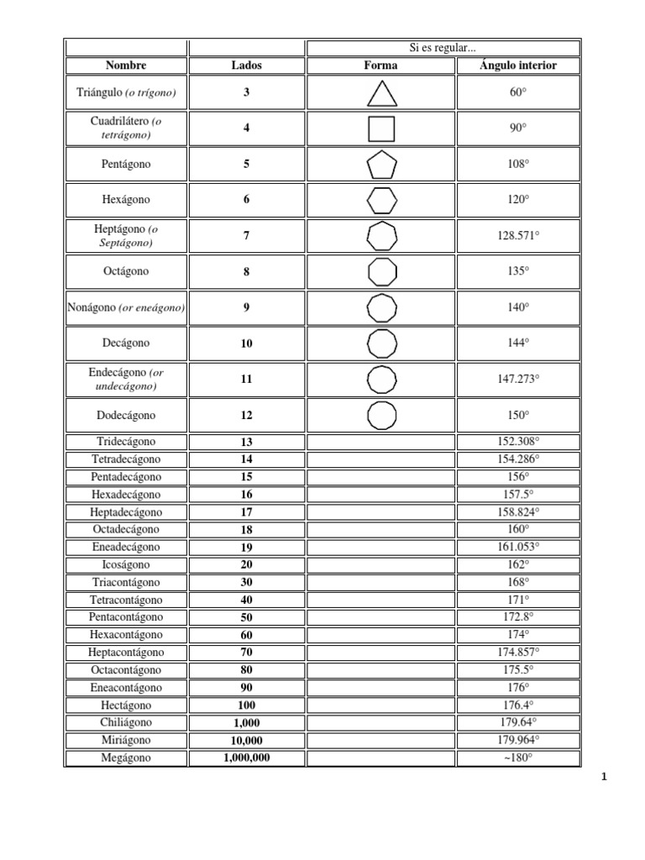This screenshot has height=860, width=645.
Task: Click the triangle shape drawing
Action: (x=381, y=93)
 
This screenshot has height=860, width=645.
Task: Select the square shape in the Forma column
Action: (x=381, y=128)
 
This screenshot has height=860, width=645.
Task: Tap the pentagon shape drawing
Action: (x=381, y=165)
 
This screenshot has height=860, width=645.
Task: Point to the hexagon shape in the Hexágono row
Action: (x=381, y=201)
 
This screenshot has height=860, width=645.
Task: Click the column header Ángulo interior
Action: (x=518, y=66)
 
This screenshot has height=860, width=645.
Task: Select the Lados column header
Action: (x=246, y=66)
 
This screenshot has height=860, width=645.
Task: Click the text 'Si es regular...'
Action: (x=443, y=48)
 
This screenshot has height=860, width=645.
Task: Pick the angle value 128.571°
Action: (x=518, y=236)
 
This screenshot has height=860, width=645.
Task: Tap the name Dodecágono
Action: (x=126, y=416)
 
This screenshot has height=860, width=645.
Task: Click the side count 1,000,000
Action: (x=247, y=758)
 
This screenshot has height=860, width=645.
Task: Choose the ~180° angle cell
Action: (x=518, y=758)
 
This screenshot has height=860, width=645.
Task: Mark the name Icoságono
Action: (x=126, y=564)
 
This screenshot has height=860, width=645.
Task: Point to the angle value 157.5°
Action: (x=518, y=495)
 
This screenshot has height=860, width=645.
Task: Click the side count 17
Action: (x=246, y=512)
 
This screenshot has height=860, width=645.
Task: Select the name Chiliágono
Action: (x=126, y=722)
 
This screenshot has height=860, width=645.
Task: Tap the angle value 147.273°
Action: (x=518, y=380)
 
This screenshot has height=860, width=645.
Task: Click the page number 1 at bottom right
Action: (x=603, y=777)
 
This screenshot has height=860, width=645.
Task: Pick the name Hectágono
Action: (x=126, y=705)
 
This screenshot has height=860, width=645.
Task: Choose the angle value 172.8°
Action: (x=518, y=617)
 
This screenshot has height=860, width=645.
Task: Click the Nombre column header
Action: (x=126, y=66)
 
